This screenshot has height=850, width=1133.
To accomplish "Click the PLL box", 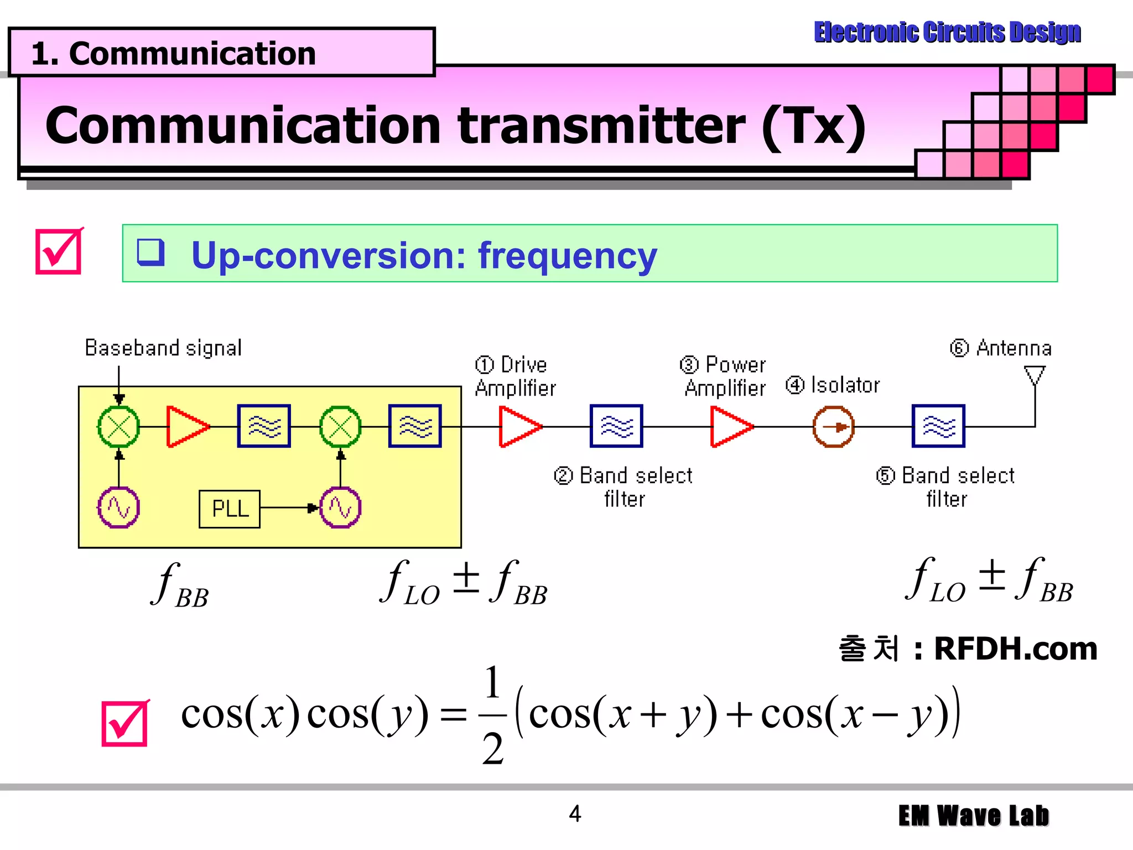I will coord(230,509).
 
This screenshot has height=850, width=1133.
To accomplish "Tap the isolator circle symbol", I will coord(833,427).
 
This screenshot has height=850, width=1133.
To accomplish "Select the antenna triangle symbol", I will coord(1035,375).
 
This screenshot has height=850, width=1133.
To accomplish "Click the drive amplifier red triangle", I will coord(518,427).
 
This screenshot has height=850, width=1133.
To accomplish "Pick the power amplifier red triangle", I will coord(730,427).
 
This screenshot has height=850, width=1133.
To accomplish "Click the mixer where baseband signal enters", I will coord(118,427).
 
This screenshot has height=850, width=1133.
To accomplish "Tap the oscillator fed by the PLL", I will coord(340,507).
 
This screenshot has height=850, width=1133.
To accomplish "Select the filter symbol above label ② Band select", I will coord(616,427).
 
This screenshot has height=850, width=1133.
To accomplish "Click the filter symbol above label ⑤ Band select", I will coord(938,427).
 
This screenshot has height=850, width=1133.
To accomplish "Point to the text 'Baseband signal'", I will coord(163,348).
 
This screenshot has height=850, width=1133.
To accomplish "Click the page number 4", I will coord(575,814).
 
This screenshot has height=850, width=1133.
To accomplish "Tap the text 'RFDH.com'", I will coord(1015,649).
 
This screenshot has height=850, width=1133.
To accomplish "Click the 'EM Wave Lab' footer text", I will coord(973,816).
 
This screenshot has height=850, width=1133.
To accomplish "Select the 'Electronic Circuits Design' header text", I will coord(947,32).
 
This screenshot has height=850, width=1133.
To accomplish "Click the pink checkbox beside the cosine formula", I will coord(125,723).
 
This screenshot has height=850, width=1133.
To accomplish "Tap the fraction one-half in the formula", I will coord(492,715).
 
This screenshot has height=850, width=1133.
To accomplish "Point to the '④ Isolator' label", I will coord(833,385).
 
